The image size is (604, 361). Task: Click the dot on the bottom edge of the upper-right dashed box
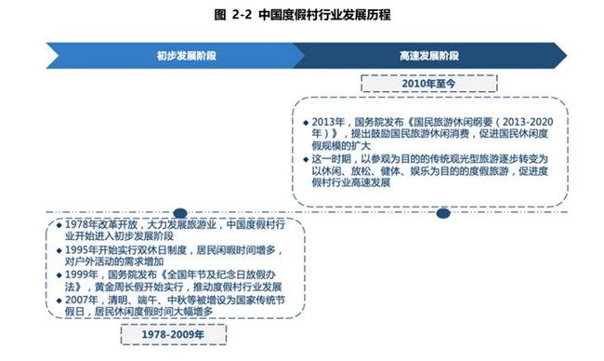[x=442, y=213]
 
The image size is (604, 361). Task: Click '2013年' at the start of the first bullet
[x=326, y=121]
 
